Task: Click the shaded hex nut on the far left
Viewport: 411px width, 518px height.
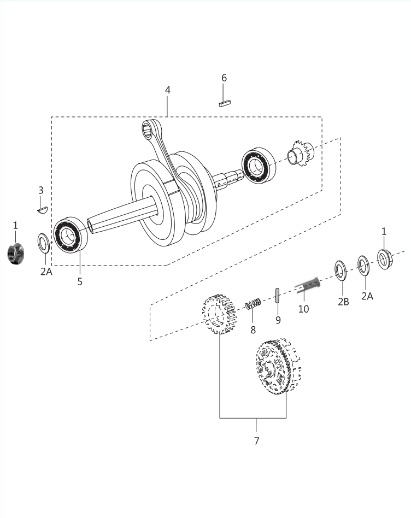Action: point(15,254)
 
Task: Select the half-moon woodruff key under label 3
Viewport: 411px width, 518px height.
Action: point(42,209)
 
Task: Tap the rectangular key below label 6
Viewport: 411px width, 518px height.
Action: point(225,103)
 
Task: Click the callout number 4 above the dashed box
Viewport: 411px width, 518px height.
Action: point(167,90)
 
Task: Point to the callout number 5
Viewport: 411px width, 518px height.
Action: point(80,281)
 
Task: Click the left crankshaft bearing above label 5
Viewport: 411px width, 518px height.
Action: point(70,235)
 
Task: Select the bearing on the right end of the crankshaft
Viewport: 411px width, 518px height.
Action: point(259,165)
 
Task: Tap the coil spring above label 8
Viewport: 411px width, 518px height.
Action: point(253,303)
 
